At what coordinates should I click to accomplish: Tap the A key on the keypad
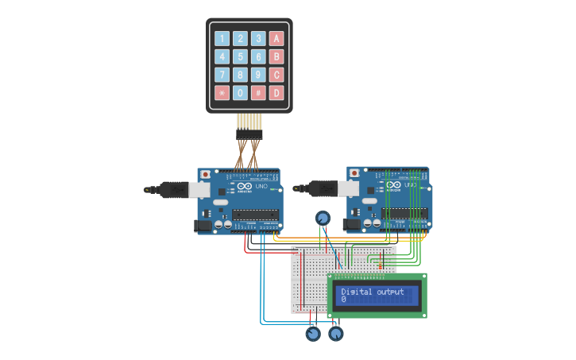[x=276, y=38]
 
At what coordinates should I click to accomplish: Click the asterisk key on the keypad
[x=222, y=93]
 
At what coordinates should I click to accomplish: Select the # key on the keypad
[x=258, y=93]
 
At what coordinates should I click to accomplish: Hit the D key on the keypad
[x=276, y=93]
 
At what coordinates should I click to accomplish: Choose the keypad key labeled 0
[x=240, y=93]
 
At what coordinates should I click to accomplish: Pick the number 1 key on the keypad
[x=222, y=38]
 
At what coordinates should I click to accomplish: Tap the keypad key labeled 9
[x=258, y=75]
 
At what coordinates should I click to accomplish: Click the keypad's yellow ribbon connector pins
[x=249, y=122]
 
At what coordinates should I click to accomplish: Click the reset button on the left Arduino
[x=205, y=173]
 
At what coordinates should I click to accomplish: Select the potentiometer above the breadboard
[x=323, y=218]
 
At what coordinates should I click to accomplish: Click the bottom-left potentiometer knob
[x=313, y=334]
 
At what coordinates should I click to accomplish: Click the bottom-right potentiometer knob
[x=336, y=334]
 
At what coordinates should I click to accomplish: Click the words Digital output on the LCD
[x=372, y=292]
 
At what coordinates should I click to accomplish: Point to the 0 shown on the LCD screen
[x=344, y=300]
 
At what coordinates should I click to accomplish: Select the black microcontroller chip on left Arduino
[x=255, y=214]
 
